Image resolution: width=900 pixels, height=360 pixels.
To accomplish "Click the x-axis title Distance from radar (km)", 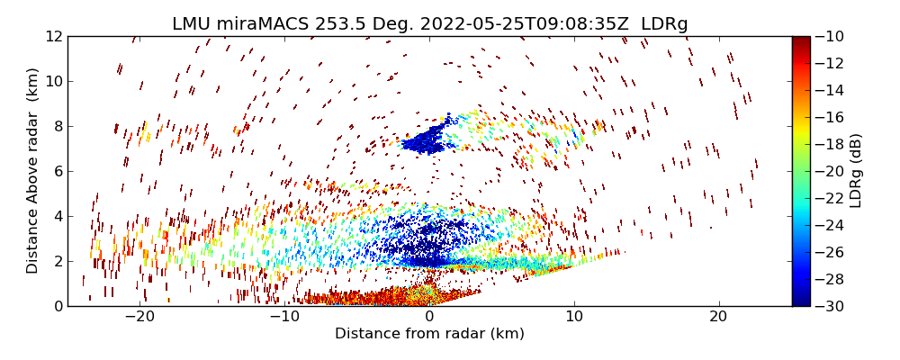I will (429, 334).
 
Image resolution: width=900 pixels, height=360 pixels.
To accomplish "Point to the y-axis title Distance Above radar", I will (33, 171).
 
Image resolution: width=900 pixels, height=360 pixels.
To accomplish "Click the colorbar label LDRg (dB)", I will (856, 171).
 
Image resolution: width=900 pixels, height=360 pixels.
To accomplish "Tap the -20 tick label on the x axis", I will (139, 317).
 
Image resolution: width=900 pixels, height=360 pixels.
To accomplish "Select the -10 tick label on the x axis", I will (284, 317).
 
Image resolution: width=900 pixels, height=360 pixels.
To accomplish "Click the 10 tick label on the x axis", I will (574, 317).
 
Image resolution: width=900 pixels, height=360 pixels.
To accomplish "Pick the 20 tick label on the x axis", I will (718, 317).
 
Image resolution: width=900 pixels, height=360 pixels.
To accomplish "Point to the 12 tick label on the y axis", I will (51, 36).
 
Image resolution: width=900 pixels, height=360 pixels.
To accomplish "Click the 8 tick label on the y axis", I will (56, 126).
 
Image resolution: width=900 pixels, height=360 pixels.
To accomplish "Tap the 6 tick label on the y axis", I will (56, 171).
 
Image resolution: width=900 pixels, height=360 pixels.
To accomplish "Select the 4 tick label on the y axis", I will (56, 216).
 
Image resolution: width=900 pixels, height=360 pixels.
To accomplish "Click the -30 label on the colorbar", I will (831, 306).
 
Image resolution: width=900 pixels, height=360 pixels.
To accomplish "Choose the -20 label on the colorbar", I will (831, 171).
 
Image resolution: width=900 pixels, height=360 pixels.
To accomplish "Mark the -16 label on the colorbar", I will (831, 117).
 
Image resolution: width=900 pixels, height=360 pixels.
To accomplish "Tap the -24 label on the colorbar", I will (831, 225).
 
